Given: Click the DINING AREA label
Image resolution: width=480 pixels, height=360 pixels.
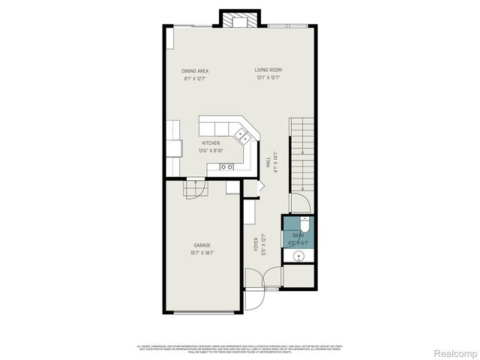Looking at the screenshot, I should [194, 70].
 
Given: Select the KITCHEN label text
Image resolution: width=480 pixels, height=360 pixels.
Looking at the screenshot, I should [211, 142].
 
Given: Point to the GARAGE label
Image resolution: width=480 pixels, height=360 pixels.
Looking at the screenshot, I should [202, 245].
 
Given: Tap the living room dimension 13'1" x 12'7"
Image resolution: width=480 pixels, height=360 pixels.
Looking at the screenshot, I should [268, 78].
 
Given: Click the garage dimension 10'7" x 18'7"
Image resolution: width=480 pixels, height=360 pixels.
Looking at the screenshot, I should [202, 253].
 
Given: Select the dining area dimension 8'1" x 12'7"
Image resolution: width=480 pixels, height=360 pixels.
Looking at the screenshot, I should [194, 78].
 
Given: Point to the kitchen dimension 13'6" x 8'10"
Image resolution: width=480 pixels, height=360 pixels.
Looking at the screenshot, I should [211, 150].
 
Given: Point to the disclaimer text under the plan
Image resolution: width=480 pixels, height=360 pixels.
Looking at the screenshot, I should [240, 349].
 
